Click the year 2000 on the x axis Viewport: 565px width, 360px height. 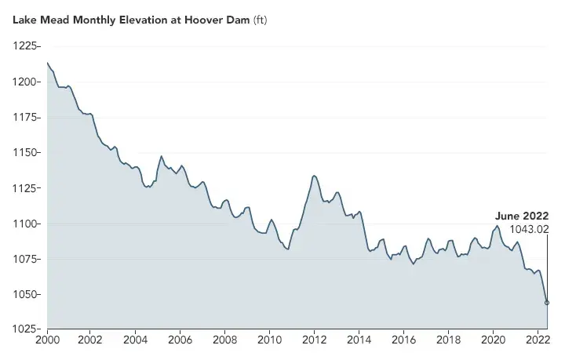(47, 340)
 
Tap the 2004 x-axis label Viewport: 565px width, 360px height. (136, 340)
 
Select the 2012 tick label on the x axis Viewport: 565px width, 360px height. (315, 340)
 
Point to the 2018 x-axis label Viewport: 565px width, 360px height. (448, 340)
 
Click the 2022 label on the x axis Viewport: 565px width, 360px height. (537, 340)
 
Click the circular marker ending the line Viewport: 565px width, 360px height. (547, 302)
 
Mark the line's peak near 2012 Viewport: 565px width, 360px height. (314, 176)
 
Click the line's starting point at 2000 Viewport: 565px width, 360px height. (47, 63)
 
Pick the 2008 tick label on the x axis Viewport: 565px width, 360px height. (225, 340)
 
